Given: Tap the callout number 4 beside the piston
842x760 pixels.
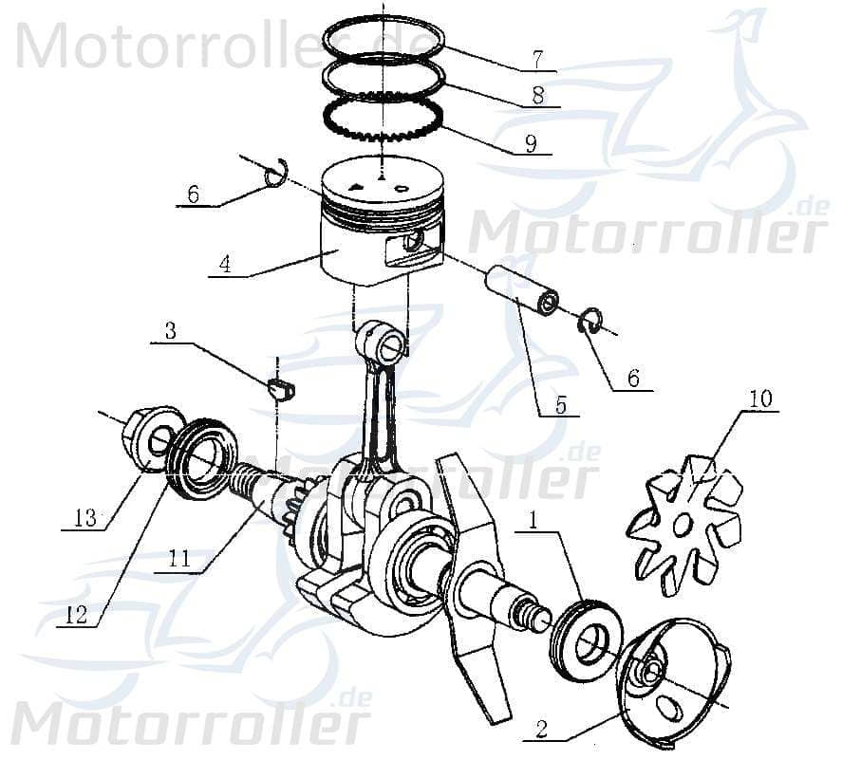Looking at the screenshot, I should pos(224,263).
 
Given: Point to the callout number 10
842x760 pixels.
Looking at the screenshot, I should pos(759,399).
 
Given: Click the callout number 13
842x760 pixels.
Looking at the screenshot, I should pos(85,518).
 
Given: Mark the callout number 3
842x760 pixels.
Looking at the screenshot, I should pos(170,330).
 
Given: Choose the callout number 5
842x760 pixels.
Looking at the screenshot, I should pos(560,406).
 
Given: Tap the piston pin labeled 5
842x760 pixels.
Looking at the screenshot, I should pos(521,292).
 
